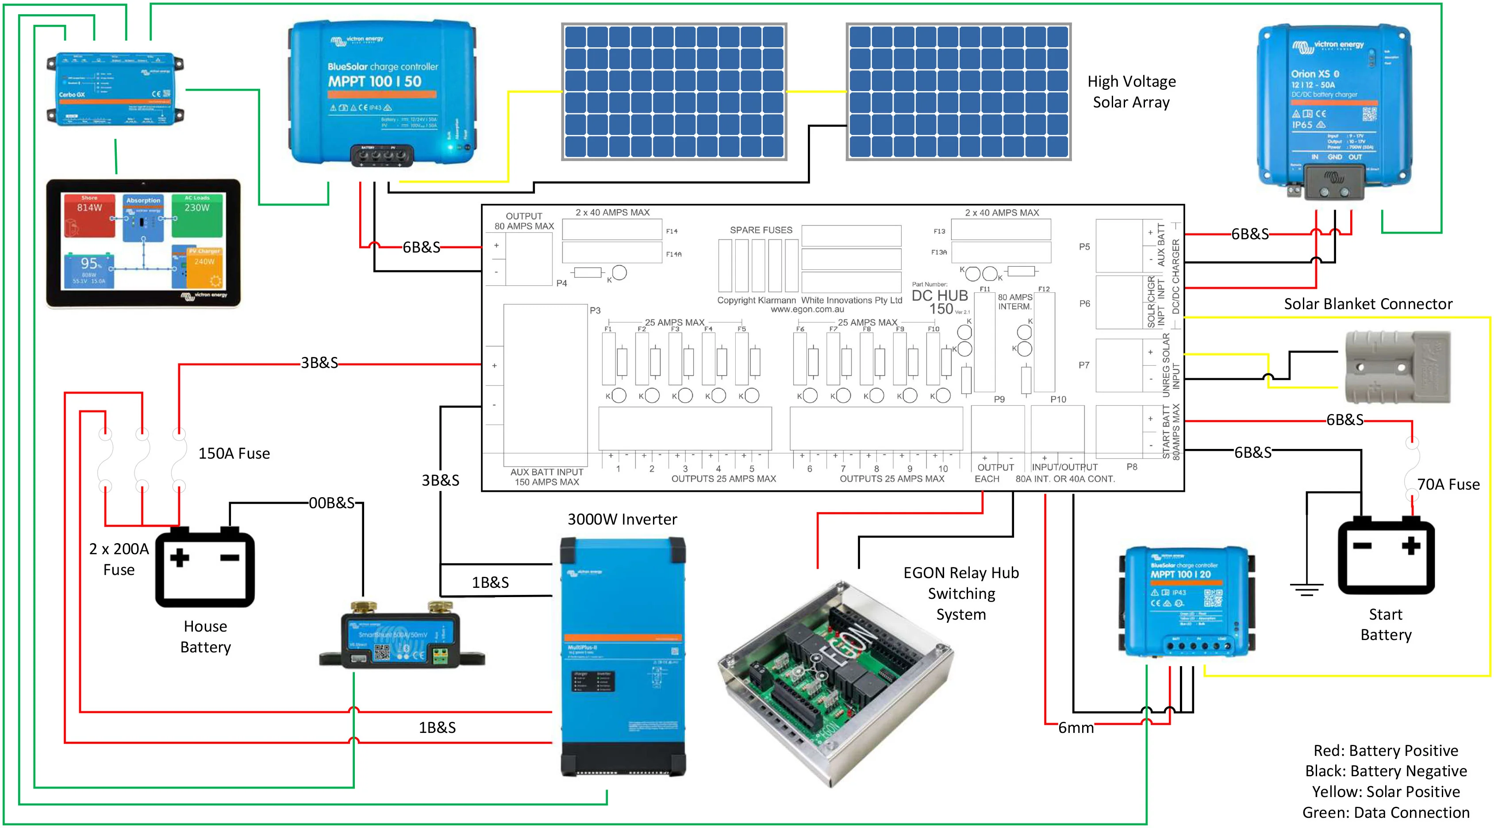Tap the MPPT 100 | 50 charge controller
[x=382, y=93]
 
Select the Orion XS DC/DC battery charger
[x=1334, y=111]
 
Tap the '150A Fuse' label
[x=234, y=453]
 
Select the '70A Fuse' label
[x=1448, y=484]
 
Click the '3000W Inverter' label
[x=622, y=519]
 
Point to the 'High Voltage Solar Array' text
[x=1131, y=92]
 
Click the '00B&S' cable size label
[x=331, y=503]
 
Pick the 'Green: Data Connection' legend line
[x=1385, y=813]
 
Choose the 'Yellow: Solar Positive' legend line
[x=1385, y=791]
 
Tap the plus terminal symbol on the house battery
[x=180, y=558]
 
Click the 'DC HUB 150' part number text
[x=940, y=302]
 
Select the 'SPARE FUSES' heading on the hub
[x=761, y=230]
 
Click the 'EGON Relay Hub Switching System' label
[x=960, y=593]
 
